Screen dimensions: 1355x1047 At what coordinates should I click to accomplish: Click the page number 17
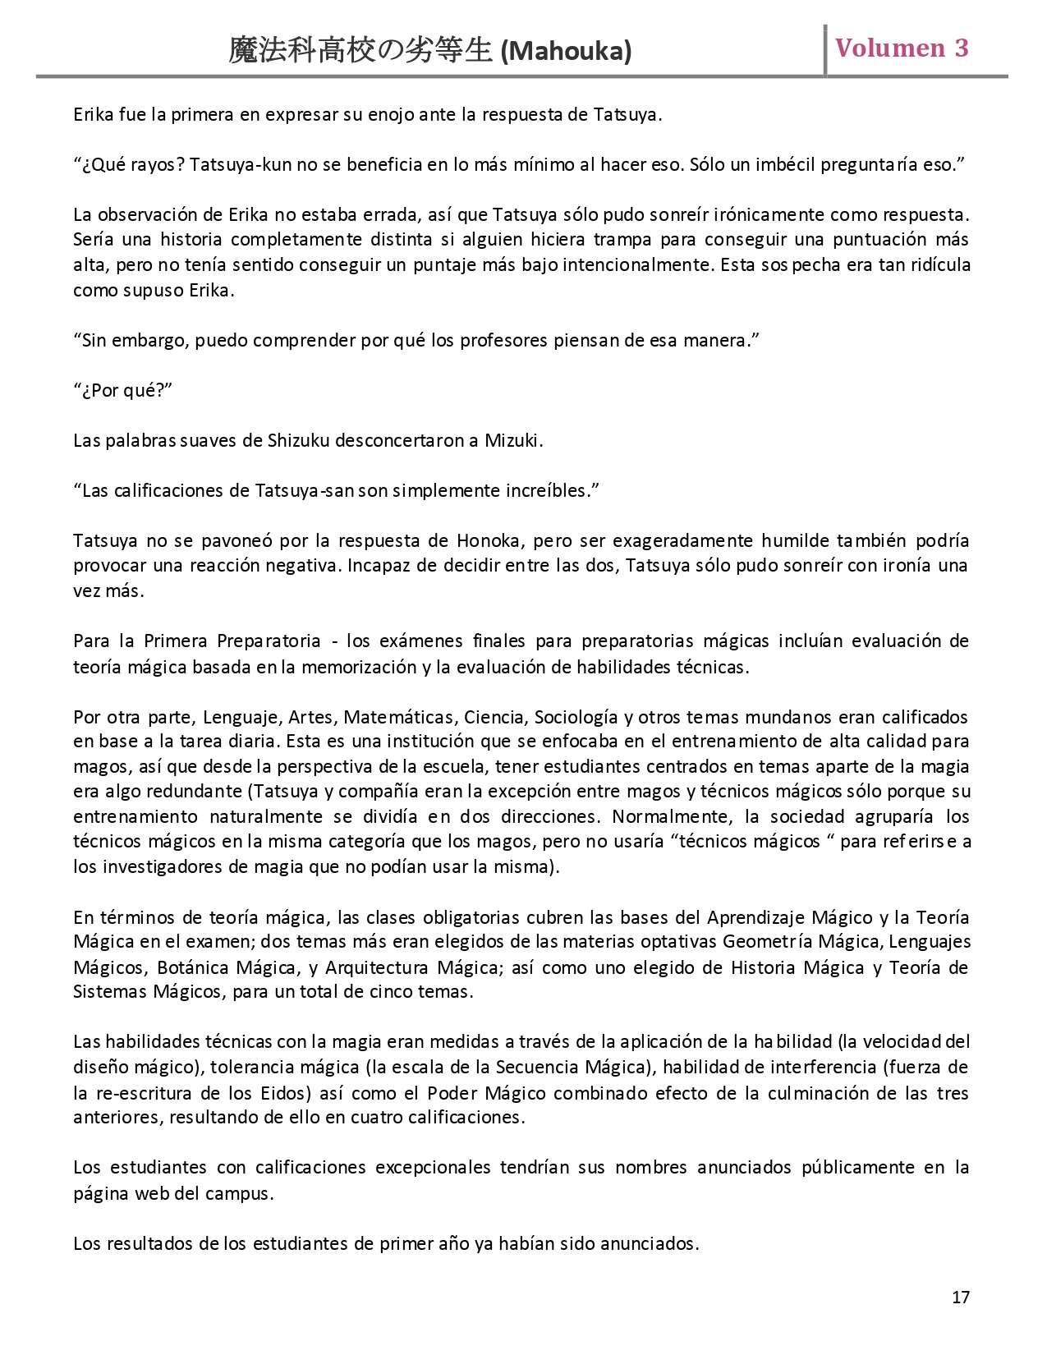[961, 1297]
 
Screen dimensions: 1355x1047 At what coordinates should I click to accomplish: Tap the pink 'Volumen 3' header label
[902, 48]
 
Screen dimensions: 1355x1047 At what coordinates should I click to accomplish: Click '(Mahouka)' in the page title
[566, 52]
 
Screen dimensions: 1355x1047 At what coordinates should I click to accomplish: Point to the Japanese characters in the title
[361, 51]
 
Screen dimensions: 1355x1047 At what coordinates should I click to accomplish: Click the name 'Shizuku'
[298, 440]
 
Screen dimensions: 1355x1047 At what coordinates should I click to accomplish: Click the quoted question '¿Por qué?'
[123, 390]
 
